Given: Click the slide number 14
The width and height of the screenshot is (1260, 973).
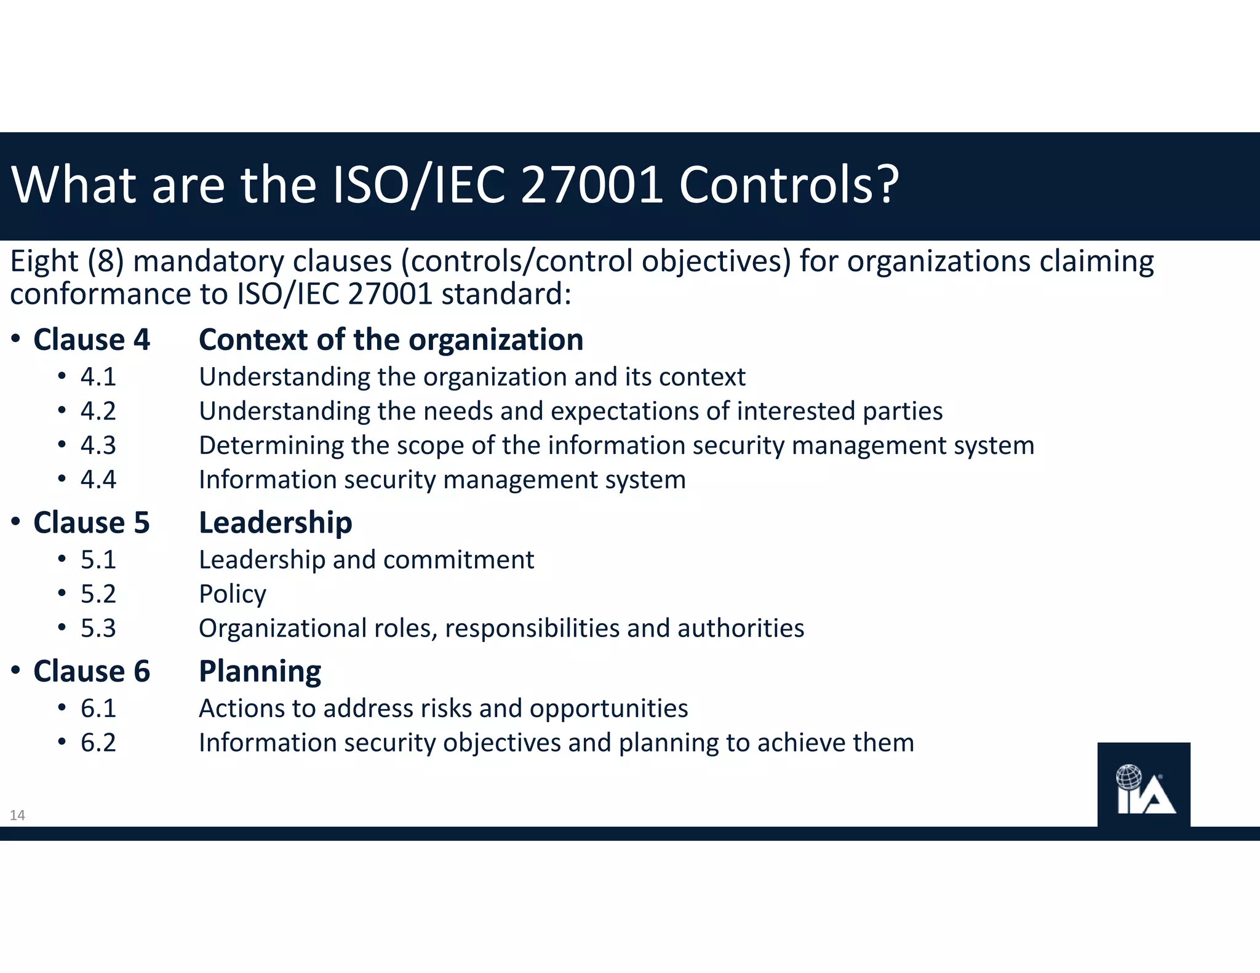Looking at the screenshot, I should click(x=17, y=816).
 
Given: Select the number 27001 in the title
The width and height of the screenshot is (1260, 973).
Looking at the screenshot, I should click(x=591, y=185).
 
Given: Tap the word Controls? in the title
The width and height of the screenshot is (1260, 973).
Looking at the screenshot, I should click(x=789, y=185).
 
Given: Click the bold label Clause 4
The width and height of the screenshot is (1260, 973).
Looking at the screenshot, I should click(x=92, y=340).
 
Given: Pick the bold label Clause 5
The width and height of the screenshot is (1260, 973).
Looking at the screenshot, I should click(x=92, y=523).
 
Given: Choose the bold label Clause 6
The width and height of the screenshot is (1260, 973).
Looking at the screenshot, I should click(x=92, y=671).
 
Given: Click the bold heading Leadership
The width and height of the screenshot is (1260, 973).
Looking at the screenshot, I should click(x=275, y=523).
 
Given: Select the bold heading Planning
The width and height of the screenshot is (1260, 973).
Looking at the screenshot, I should click(x=260, y=672).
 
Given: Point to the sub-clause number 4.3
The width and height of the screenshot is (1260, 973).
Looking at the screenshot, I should click(x=98, y=445).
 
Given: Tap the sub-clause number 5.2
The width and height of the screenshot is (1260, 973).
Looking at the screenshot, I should click(x=98, y=594).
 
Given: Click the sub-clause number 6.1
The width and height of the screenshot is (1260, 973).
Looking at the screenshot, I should click(x=98, y=709).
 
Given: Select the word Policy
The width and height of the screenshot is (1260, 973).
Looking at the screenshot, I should click(x=233, y=595).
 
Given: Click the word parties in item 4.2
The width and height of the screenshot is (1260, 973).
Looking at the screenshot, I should click(x=903, y=411).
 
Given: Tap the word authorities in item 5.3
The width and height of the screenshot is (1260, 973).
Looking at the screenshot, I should click(x=741, y=629).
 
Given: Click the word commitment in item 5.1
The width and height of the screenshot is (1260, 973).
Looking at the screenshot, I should click(x=458, y=560).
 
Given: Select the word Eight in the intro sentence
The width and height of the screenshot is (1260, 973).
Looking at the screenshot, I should click(x=44, y=262).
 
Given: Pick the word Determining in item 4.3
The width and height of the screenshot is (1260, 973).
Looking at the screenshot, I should click(x=271, y=446).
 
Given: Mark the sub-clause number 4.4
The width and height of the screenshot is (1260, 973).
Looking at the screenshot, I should click(x=98, y=480).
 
